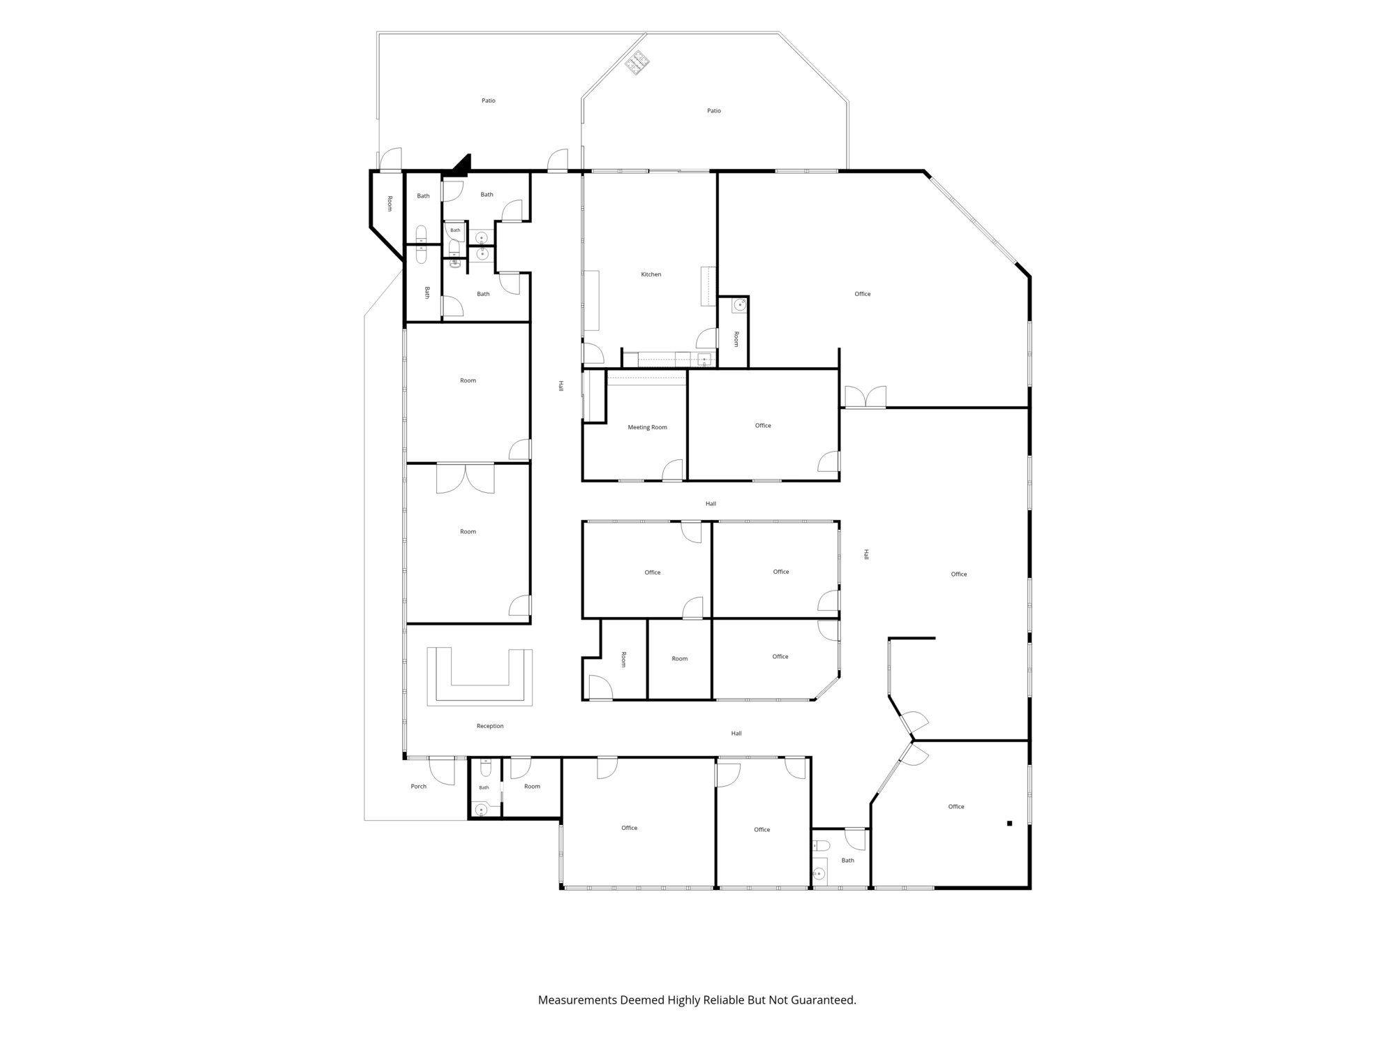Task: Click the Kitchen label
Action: (x=651, y=274)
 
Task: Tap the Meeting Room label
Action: (x=648, y=427)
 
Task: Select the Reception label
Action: (x=490, y=726)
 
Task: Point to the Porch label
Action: (x=419, y=787)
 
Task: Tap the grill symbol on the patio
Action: (x=638, y=62)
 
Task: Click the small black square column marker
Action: (x=1009, y=824)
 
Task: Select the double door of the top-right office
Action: (x=866, y=396)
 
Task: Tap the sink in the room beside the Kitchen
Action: (x=739, y=305)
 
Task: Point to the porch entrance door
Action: (x=442, y=770)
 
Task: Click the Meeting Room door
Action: (x=673, y=470)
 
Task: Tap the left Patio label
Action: (x=489, y=101)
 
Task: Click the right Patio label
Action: (x=714, y=110)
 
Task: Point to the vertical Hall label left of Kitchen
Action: (x=560, y=385)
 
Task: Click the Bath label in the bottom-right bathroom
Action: (x=848, y=860)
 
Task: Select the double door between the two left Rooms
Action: (x=466, y=478)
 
